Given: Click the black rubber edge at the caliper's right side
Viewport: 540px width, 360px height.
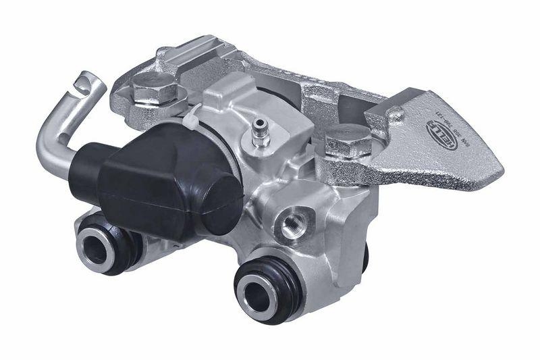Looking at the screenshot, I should (x=365, y=257).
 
